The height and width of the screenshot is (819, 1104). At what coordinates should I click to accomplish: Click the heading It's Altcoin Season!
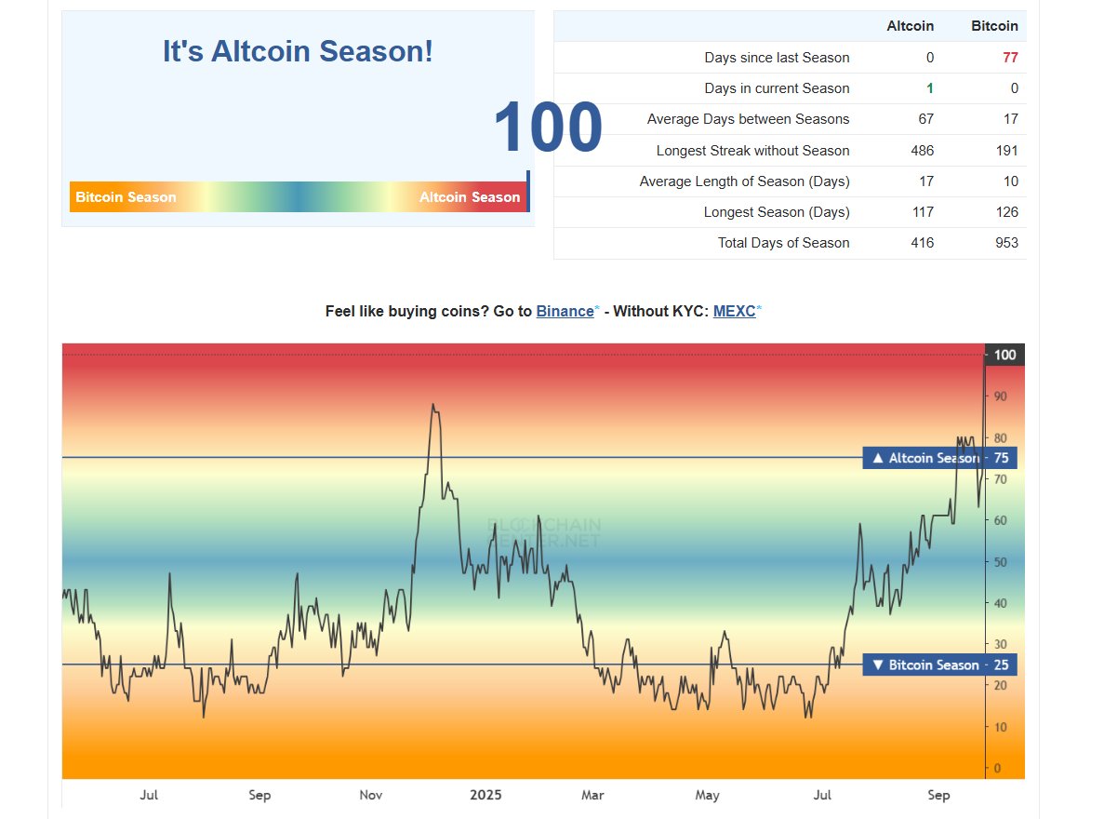(x=298, y=51)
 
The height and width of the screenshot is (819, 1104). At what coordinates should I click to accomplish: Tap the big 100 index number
(x=547, y=128)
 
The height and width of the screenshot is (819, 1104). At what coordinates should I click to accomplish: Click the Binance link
(x=565, y=312)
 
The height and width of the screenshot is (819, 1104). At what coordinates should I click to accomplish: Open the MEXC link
(x=734, y=312)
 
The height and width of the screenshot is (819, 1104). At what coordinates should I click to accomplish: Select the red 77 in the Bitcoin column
(x=1010, y=58)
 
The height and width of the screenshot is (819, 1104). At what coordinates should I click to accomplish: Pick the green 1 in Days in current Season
(x=929, y=88)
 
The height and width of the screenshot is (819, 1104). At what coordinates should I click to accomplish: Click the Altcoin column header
(x=910, y=26)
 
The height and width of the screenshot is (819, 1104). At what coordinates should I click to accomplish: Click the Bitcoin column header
(x=994, y=26)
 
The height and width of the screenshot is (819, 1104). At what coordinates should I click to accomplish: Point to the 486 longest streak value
(x=922, y=151)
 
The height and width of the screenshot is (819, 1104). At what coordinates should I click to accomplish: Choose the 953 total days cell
(x=1005, y=243)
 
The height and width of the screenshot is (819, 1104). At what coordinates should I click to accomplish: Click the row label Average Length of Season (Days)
(x=744, y=181)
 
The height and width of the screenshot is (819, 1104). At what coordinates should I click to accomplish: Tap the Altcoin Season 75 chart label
(x=939, y=458)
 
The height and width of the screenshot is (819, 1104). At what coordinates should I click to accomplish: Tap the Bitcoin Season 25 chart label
(x=939, y=665)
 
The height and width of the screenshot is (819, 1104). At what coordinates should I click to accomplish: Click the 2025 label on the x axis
(x=485, y=795)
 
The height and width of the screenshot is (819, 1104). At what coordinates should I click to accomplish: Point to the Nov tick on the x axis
(x=371, y=795)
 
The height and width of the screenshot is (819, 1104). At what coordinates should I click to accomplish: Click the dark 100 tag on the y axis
(x=1004, y=355)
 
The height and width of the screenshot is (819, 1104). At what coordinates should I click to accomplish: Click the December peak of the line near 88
(x=432, y=405)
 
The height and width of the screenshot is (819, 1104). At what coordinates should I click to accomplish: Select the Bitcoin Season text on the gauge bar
(x=126, y=197)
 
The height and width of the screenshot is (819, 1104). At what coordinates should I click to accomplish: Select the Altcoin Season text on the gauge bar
(x=470, y=197)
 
